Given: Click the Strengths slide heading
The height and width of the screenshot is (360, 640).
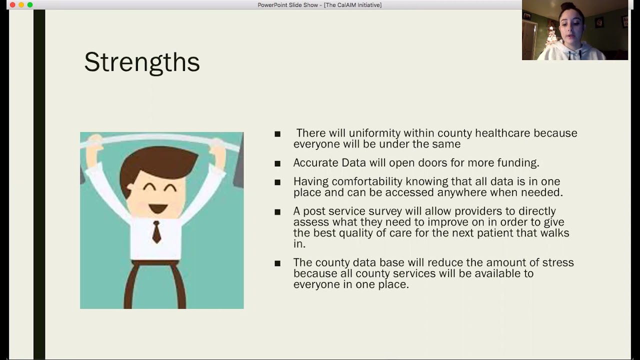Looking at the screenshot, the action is coord(142,62).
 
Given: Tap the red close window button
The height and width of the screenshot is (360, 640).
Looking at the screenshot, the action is coord(12,5).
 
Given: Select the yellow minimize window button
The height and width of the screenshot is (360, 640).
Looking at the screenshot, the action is coord(21,5).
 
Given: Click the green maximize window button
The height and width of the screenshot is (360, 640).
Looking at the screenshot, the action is coord(30,5).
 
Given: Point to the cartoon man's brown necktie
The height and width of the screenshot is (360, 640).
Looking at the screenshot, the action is coord(156,231).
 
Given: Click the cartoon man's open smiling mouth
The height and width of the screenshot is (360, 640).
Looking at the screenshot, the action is coord(158,208).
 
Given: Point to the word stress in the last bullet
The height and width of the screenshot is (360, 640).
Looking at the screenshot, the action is coord(558,262).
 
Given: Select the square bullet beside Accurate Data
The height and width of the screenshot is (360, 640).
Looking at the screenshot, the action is coord(277,163).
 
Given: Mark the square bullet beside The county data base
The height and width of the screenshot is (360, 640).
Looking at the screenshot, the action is coord(277,263).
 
